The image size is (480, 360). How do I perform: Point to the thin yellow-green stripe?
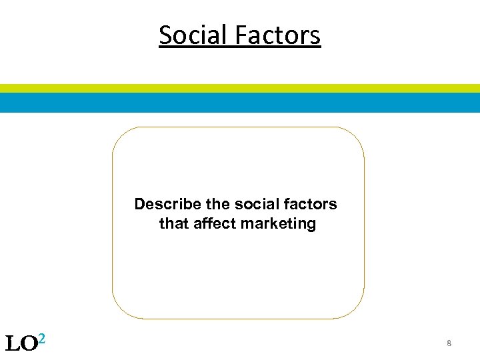[240, 88]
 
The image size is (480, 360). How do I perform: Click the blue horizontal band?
[240, 103]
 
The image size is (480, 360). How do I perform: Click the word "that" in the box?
[173, 224]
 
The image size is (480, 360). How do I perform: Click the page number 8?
[449, 343]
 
